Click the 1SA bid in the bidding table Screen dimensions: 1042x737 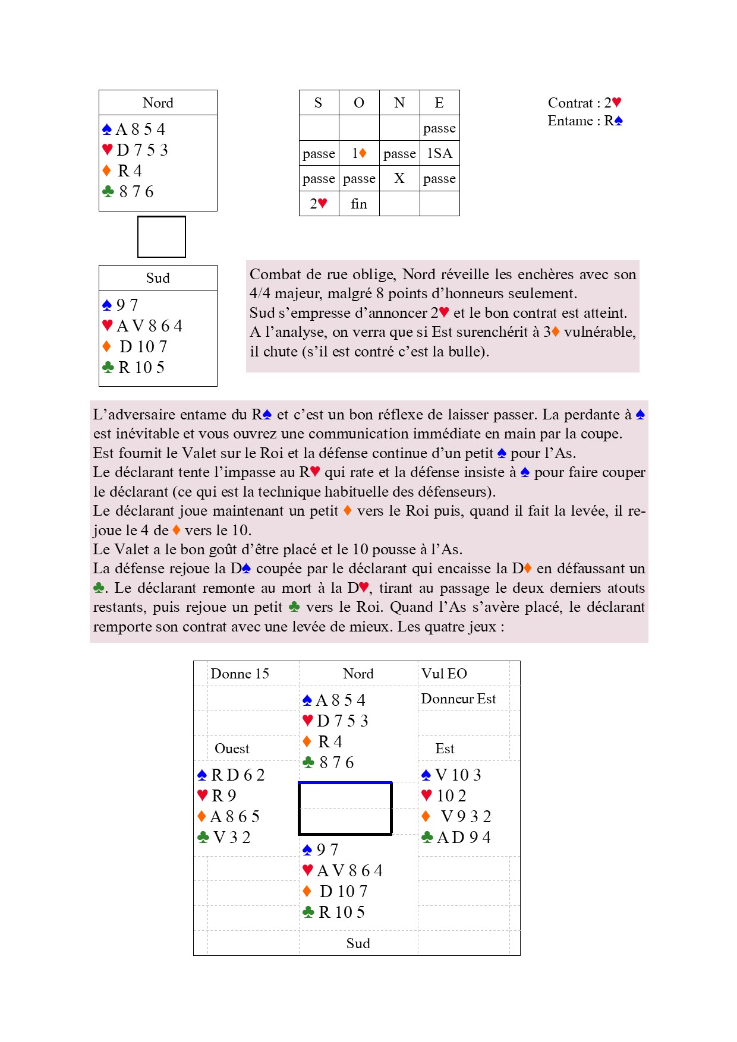(439, 154)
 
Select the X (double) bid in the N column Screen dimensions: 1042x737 (399, 179)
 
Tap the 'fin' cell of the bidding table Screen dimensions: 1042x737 (359, 204)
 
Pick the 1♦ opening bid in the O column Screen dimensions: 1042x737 (359, 154)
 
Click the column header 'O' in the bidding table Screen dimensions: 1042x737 (359, 103)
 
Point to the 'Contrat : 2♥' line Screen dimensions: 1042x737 (584, 103)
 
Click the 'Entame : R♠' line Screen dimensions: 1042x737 (585, 121)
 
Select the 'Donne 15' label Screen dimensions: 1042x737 (240, 674)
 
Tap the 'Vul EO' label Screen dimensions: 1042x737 (444, 674)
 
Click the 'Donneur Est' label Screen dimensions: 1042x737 (458, 699)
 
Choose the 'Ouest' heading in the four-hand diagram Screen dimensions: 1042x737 (232, 749)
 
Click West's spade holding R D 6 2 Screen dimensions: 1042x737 (231, 775)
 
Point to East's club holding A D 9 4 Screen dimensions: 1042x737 (456, 838)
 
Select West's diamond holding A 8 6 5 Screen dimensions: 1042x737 (229, 817)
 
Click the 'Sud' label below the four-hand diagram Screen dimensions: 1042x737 (358, 943)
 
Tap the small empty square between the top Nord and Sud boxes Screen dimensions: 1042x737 (162, 237)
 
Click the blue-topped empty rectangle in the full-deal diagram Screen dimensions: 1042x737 (345, 809)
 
